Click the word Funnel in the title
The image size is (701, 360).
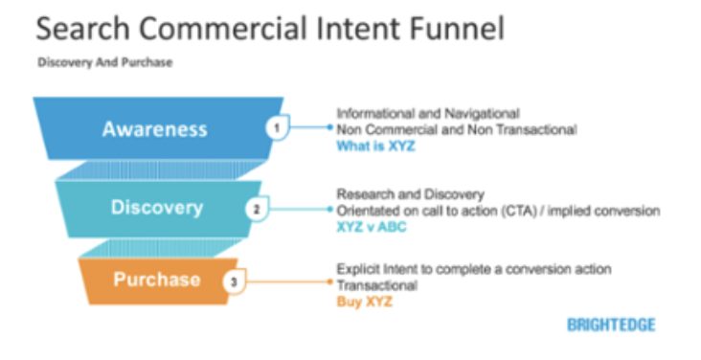point(456,29)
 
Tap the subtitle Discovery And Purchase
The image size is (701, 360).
point(105,62)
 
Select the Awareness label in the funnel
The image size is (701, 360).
point(155,129)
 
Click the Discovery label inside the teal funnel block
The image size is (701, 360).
point(157,208)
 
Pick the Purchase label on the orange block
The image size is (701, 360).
point(157,280)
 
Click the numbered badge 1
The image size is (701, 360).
point(277,128)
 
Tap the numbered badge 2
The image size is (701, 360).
point(256,210)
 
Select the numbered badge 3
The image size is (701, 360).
point(234,281)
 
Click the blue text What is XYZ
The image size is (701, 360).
point(375,146)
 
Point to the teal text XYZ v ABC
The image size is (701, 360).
point(372,226)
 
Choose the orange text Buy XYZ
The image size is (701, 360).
point(364,302)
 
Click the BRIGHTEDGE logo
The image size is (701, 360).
point(611,325)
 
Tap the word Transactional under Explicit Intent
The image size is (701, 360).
point(377,285)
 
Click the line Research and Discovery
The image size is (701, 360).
point(411,194)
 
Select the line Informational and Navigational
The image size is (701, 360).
point(428,114)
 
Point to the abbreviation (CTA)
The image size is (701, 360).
point(519,211)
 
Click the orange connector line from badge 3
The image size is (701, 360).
point(288,281)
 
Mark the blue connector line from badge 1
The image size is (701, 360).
point(310,127)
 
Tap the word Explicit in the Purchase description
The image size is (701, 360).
point(358,270)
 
